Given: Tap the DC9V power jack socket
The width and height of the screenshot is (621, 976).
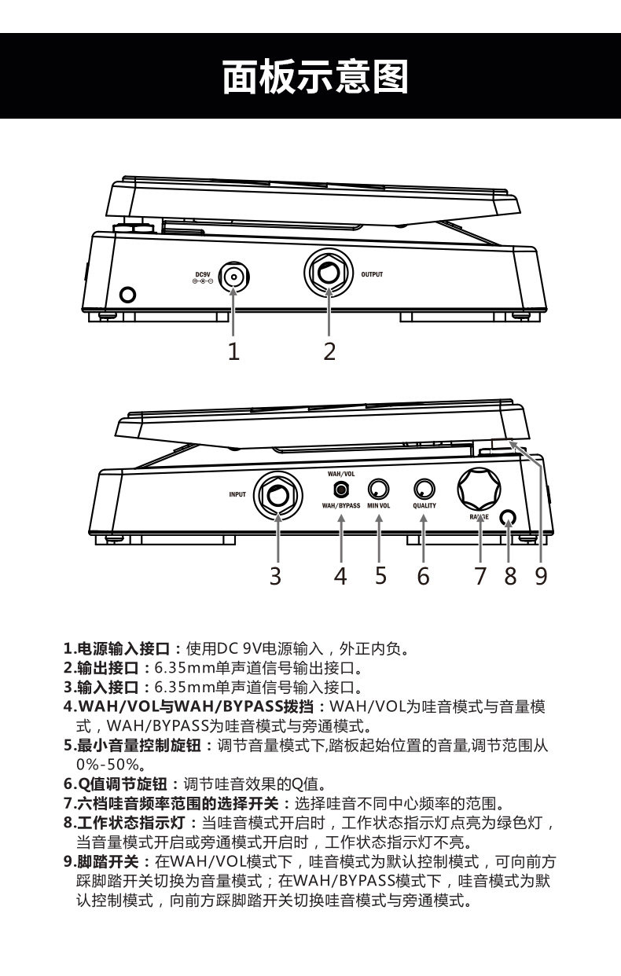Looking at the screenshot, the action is click(233, 277).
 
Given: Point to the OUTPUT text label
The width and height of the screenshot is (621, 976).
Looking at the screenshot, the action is click(372, 275).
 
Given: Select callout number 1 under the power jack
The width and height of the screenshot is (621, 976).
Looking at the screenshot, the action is click(233, 351).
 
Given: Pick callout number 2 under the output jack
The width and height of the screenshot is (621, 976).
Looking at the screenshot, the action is click(329, 351).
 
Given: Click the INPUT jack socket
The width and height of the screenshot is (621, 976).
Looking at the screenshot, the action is click(277, 496).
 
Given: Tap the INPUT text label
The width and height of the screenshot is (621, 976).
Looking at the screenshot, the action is click(237, 495).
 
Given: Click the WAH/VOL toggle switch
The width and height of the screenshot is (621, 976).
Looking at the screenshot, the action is click(340, 490).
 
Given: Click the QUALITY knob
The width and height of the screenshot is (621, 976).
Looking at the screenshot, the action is click(424, 490).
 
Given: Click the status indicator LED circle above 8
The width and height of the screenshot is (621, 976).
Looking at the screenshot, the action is click(509, 519).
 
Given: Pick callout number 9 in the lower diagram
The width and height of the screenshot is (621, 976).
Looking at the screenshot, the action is click(541, 576).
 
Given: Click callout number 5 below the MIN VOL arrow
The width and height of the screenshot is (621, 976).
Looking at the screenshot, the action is click(380, 576).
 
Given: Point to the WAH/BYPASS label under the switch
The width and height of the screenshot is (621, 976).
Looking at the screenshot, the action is click(340, 507).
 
